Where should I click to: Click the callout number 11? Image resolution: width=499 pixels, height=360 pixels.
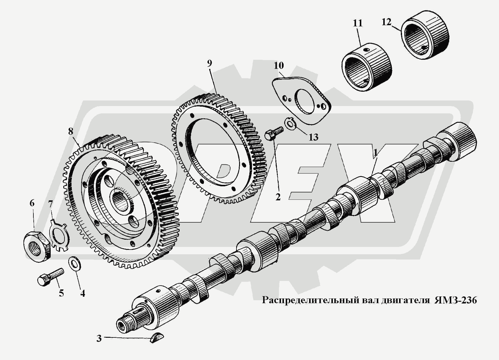[357, 23]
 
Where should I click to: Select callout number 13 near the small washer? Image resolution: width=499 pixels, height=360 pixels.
[313, 137]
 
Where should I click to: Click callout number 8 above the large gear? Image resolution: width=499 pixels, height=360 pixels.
[71, 131]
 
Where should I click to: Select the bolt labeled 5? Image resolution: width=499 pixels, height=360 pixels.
[51, 277]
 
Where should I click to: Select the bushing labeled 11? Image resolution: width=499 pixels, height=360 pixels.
[367, 67]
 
